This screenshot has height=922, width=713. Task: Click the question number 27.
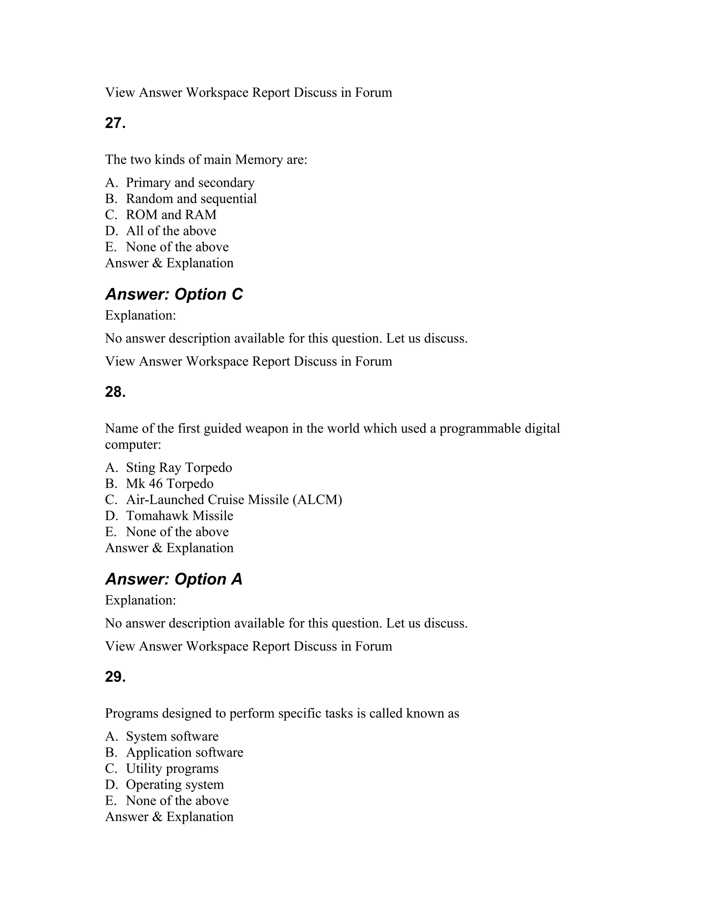coord(115,123)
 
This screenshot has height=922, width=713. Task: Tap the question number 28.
coord(115,392)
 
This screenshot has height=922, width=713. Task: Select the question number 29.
coord(115,677)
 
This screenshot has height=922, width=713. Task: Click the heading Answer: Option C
coord(174,294)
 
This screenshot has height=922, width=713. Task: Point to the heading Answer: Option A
coord(174,579)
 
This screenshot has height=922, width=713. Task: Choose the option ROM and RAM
coord(171,215)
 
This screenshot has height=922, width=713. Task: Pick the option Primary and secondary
coord(190,183)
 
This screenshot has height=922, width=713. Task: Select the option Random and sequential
coord(191,199)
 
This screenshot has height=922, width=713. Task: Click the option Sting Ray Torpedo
coord(179,468)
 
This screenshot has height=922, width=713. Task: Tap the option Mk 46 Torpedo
coord(170,484)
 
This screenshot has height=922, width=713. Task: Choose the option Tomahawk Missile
coord(180,516)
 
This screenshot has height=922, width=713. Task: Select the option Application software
coord(185,753)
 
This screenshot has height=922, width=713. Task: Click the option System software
coord(172,737)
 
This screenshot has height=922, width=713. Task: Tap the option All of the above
coord(171,231)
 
